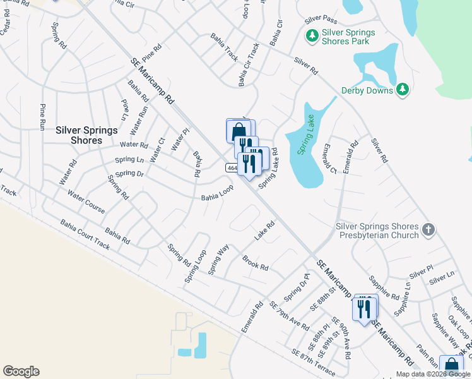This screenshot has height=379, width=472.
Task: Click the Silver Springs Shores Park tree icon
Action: tap(311, 37)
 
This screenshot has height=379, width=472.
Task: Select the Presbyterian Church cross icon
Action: tap(428, 230)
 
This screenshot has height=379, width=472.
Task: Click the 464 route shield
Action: tap(232, 168)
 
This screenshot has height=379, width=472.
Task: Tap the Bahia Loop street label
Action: tap(217, 193)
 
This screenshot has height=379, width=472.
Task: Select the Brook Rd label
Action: tap(256, 263)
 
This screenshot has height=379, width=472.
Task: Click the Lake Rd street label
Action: tap(266, 231)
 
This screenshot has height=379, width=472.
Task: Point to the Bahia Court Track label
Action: tap(85, 235)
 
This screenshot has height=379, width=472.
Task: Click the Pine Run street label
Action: tap(44, 116)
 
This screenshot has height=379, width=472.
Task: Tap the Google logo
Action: tap(21, 371)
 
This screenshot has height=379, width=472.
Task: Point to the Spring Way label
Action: tap(218, 260)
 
